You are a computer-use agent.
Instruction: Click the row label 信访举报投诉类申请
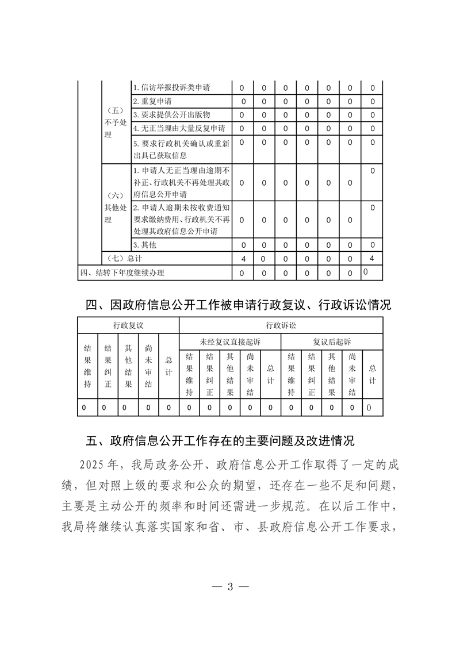pos(171,88)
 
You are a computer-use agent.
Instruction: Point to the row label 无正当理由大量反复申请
pos(179,128)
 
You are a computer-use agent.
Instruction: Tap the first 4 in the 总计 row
pos(242,259)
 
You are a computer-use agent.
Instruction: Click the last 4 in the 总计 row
pos(372,259)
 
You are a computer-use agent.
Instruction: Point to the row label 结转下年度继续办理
pos(126,272)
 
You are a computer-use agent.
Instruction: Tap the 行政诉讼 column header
pos(281,325)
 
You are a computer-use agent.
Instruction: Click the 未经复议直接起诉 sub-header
pos(230,341)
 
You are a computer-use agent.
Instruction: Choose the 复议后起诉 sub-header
pos(331,341)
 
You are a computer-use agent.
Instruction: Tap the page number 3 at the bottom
pos(229,587)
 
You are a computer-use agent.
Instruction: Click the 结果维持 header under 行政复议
pos(87,368)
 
